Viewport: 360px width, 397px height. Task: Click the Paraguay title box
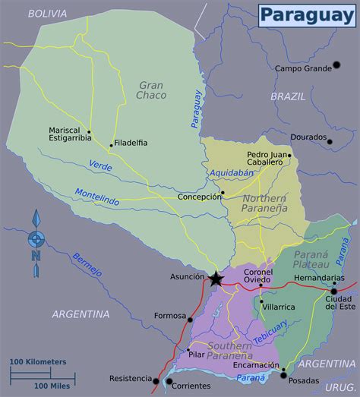(306, 15)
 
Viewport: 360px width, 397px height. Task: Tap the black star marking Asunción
(216, 279)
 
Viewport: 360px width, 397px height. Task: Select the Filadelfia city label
(131, 143)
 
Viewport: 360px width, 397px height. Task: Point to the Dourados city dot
(329, 141)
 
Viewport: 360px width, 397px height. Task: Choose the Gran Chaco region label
(153, 90)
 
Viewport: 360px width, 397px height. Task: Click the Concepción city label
(197, 197)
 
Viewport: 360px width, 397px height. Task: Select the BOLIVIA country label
(47, 14)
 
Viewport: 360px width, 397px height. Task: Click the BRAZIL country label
(289, 96)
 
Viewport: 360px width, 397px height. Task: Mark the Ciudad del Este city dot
(333, 291)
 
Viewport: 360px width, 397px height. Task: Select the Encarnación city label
(256, 364)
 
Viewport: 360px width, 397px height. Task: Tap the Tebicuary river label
(270, 332)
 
